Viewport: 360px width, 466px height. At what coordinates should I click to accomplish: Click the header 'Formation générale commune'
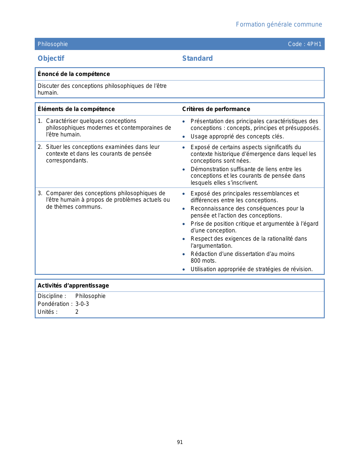279,25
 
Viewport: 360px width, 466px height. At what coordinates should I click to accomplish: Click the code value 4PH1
314,44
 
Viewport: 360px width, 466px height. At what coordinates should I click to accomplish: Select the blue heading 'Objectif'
51,58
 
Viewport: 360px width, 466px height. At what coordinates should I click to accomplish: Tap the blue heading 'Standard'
197,58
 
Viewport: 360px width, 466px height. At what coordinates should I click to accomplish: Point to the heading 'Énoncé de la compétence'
74,74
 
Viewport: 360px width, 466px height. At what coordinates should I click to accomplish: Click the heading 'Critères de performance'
216,109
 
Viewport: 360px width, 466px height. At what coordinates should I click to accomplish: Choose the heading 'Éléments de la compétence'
76,109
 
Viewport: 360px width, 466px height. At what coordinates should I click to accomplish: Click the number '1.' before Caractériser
40,121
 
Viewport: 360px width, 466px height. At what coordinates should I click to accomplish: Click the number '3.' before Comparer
40,193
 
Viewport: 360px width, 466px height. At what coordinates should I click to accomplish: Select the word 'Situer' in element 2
54,147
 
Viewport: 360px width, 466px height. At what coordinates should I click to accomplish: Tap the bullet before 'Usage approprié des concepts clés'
184,137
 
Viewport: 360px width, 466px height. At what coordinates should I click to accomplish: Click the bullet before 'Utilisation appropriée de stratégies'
184,269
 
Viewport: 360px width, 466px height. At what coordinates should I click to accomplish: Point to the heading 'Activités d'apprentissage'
73,286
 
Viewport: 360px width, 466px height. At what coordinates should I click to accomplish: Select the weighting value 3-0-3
82,304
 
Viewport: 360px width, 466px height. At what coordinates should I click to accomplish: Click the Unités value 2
77,312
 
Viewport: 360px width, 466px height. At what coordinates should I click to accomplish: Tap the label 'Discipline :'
52,296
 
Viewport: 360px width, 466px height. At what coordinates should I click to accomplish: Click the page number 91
180,442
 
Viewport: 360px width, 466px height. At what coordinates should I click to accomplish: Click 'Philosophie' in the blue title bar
53,44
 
